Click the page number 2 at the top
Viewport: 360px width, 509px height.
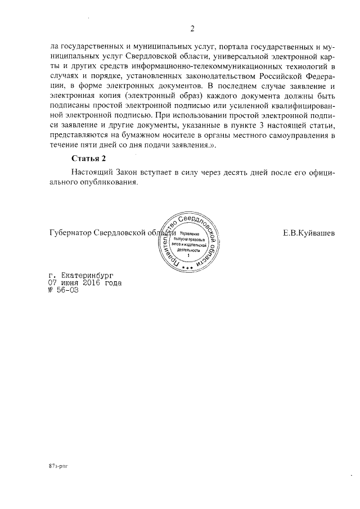[192, 29]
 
